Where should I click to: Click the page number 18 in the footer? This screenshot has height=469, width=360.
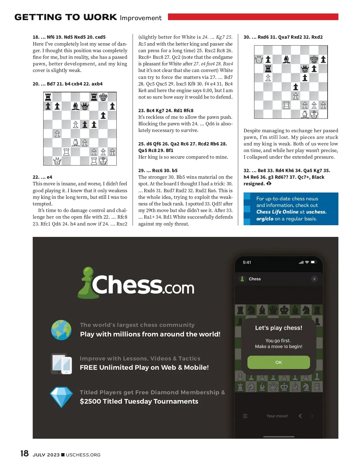point(24,453)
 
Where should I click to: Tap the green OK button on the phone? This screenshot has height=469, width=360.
point(278,362)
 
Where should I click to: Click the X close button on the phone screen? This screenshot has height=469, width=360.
point(314,279)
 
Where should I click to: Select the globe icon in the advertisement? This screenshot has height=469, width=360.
point(61,330)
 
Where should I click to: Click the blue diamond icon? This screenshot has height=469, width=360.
point(61,397)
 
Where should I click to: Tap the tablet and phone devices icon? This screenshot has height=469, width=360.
point(61,364)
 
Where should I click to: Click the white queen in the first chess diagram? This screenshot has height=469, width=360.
point(57,161)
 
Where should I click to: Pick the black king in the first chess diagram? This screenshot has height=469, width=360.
point(103,97)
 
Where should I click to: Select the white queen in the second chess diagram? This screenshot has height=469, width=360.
point(259,60)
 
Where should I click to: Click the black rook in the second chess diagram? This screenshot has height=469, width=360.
point(268,69)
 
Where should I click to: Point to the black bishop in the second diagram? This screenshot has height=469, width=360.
point(286,59)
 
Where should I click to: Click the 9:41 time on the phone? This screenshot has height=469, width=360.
point(247,262)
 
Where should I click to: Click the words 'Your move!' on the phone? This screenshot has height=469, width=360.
point(277,416)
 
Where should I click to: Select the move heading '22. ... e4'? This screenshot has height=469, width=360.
point(42,177)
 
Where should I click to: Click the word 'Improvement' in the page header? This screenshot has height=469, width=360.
point(141,18)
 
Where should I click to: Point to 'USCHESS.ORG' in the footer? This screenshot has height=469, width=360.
point(83,455)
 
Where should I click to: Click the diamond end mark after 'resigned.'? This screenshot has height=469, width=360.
point(269,184)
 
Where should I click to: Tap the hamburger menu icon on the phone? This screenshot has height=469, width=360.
point(245,416)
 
